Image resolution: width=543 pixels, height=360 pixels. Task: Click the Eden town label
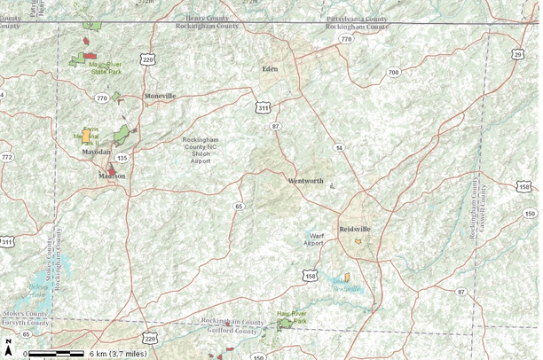270,68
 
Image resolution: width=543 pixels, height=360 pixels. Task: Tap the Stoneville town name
160,95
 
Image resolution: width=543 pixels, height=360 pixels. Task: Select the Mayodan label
96,153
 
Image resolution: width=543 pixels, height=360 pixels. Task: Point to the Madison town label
112,176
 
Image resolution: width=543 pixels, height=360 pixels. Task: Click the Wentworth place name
305,181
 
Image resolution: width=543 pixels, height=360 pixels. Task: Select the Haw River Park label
291,317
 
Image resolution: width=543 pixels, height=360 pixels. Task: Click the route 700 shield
394,72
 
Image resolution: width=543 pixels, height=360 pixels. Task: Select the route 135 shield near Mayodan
122,157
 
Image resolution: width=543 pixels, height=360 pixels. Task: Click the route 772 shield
7,157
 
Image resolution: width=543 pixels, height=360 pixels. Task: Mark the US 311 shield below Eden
264,107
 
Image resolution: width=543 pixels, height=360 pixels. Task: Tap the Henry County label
207,19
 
